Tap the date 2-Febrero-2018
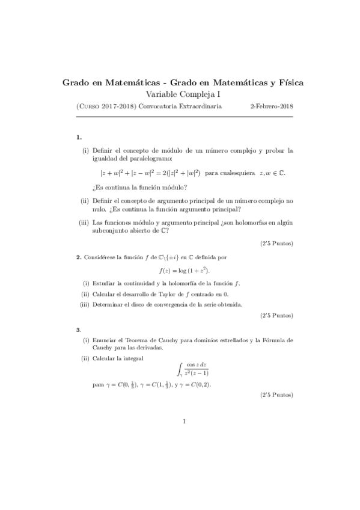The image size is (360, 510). pyautogui.click(x=271, y=106)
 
